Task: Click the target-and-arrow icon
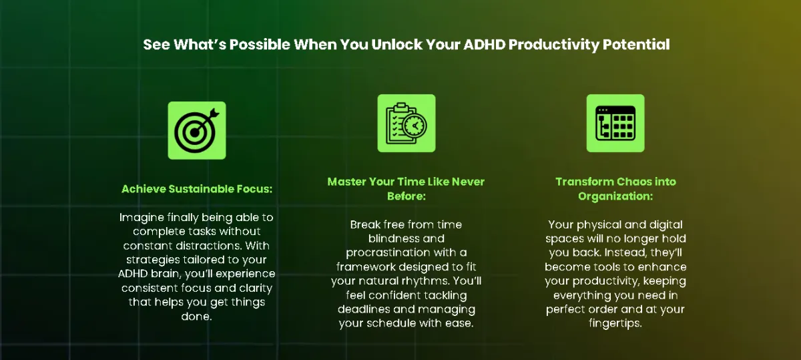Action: tap(197, 130)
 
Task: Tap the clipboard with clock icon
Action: tap(407, 123)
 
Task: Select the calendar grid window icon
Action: tap(615, 123)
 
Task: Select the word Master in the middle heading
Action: tap(346, 182)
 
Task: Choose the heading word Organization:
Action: tap(615, 197)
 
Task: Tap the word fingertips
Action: tap(615, 324)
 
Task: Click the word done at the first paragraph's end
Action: tap(196, 317)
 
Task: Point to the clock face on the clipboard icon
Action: tap(415, 126)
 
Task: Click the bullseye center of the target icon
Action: tap(194, 132)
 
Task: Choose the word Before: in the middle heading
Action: tap(407, 196)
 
